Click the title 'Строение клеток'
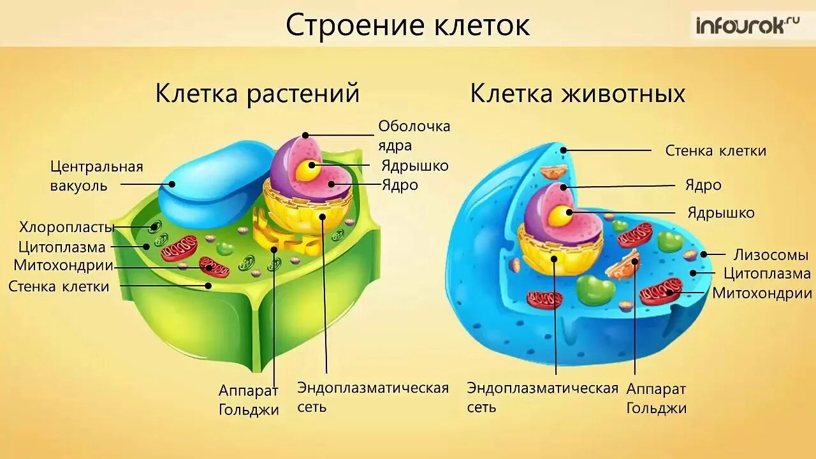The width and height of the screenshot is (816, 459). pyautogui.click(x=407, y=25)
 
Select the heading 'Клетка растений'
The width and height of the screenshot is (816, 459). pyautogui.click(x=258, y=94)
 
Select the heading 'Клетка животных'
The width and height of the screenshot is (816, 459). pyautogui.click(x=578, y=94)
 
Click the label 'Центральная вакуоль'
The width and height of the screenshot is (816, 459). pyautogui.click(x=97, y=176)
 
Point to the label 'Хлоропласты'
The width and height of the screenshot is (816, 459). pyautogui.click(x=66, y=227)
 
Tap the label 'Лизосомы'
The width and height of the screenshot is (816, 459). pyautogui.click(x=770, y=255)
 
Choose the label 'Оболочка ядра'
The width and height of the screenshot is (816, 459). pyautogui.click(x=414, y=135)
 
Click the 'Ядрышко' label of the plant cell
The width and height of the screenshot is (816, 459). pyautogui.click(x=415, y=166)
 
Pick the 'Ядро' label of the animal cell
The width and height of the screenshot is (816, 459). pyautogui.click(x=703, y=186)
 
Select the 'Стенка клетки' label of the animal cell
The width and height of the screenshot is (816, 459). pyautogui.click(x=715, y=151)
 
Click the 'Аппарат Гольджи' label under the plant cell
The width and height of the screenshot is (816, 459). pyautogui.click(x=249, y=399)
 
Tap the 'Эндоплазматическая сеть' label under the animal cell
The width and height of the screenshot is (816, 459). pyautogui.click(x=542, y=397)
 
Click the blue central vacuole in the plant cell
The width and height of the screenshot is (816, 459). pyautogui.click(x=210, y=182)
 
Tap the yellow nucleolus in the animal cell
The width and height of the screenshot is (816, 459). pyautogui.click(x=561, y=215)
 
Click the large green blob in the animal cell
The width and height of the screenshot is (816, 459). pyautogui.click(x=595, y=290)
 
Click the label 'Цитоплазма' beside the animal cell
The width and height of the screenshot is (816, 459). pyautogui.click(x=767, y=274)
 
